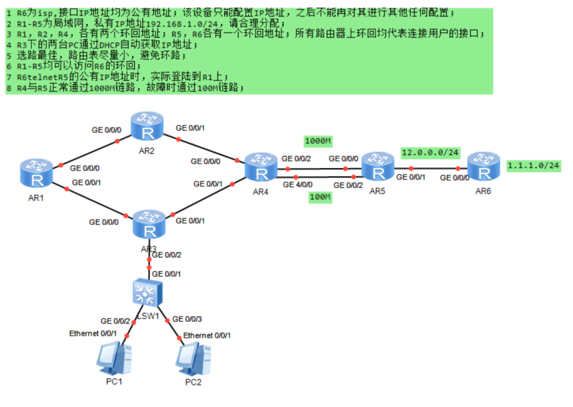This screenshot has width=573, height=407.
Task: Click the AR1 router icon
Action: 37,173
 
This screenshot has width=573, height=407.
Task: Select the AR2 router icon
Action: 147,126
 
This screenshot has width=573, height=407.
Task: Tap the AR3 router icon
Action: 149,224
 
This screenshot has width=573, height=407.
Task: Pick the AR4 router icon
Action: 261,167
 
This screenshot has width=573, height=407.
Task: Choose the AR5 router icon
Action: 378,167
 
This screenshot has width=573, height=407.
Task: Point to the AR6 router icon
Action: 484,167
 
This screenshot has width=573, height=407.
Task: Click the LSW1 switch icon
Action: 147,293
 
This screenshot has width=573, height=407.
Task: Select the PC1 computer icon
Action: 114,358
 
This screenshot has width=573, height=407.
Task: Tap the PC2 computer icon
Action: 193,359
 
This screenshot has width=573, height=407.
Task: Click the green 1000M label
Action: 318,141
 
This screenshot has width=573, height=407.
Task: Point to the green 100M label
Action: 320,197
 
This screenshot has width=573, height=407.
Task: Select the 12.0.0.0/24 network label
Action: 430,152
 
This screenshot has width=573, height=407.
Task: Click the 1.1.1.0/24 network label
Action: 533,165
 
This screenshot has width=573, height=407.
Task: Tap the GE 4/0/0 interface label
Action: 298,184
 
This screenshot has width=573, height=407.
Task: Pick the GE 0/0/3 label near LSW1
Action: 187,319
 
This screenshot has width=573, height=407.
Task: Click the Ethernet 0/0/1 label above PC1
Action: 93,333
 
